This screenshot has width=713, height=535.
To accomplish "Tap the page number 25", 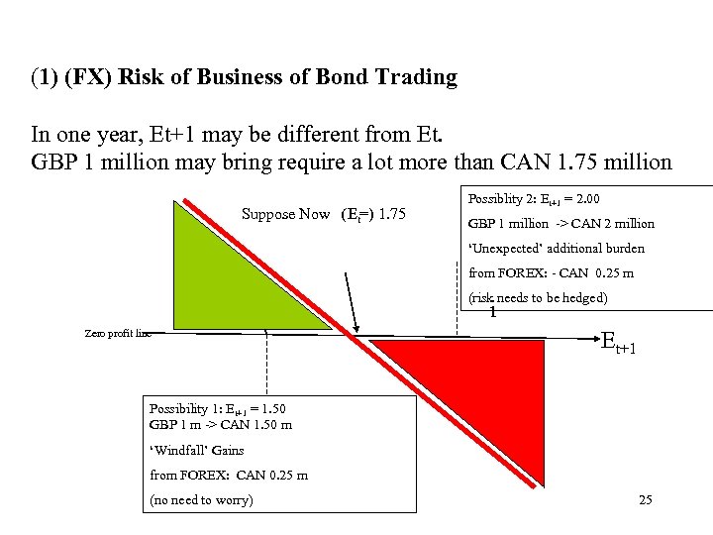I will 646,500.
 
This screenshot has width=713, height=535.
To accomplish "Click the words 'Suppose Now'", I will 285,214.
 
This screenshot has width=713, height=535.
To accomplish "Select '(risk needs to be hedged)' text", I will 538,297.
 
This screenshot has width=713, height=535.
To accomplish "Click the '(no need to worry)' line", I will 201,500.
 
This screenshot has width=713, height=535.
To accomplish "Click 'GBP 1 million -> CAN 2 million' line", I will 560,224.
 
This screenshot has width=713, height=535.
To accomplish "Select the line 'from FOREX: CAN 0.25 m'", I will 228,475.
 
